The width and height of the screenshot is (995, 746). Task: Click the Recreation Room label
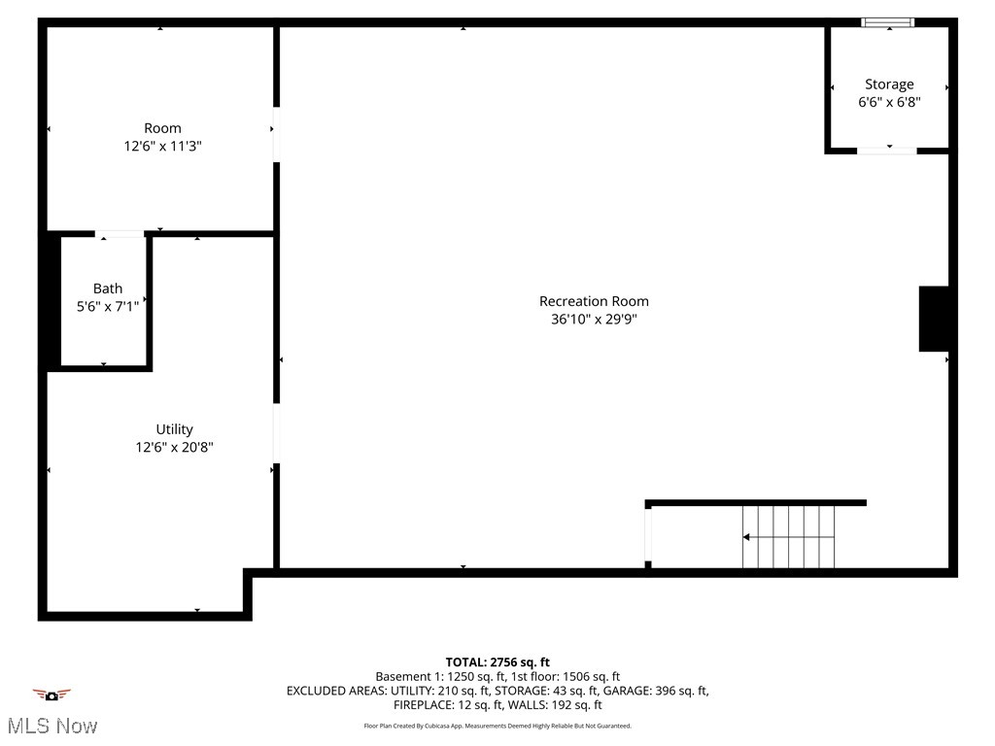594,301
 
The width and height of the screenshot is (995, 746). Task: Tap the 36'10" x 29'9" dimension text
594,319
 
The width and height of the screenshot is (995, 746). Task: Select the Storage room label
889,85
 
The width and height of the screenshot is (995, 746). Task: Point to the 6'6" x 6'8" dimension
889,102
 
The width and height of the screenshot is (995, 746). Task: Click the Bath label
108,288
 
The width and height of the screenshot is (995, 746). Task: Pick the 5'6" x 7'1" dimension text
108,306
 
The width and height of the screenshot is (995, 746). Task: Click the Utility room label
175,429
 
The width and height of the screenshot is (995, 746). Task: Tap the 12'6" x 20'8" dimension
175,447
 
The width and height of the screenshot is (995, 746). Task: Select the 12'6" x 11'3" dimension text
162,146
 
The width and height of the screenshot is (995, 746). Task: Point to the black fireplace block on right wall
934,319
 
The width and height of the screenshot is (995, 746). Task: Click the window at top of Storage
888,22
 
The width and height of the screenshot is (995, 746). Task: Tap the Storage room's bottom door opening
886,151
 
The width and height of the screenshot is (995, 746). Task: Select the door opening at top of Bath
120,233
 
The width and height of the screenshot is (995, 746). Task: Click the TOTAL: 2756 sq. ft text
497,662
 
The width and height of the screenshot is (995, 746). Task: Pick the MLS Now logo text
51,726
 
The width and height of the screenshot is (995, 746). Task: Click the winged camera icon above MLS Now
51,695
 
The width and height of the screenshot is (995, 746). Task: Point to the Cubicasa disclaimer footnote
497,726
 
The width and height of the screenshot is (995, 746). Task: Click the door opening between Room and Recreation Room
276,134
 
